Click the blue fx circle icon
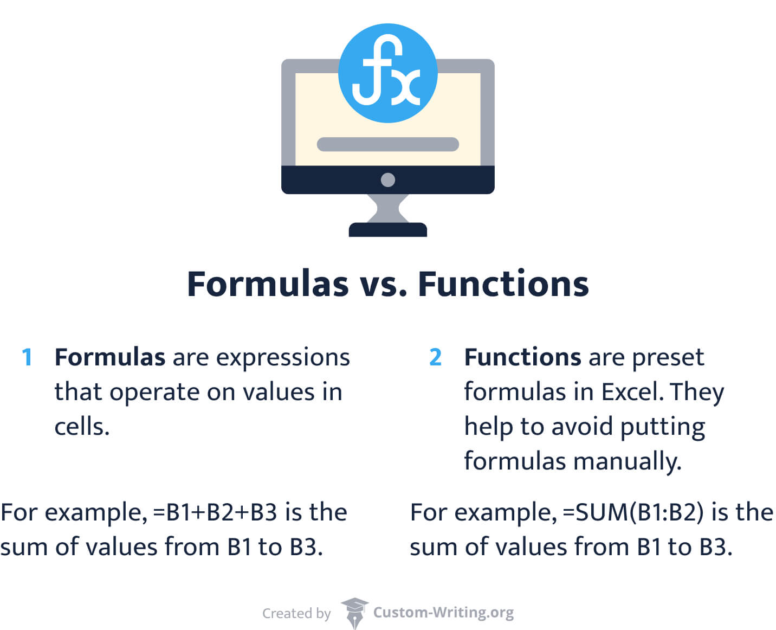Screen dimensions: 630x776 click(x=387, y=73)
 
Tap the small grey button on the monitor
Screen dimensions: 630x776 click(x=387, y=180)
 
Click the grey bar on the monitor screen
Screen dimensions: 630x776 click(x=387, y=144)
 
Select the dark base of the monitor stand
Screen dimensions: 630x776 click(x=387, y=229)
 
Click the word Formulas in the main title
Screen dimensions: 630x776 click(x=268, y=284)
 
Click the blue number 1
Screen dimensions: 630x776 click(x=27, y=357)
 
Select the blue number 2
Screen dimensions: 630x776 click(x=435, y=357)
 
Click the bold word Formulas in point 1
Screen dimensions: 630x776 click(x=110, y=357)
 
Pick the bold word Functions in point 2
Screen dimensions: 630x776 click(x=522, y=357)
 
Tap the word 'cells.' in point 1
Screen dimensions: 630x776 click(x=82, y=427)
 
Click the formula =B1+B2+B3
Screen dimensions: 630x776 click(x=216, y=512)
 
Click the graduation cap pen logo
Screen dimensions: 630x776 click(x=354, y=613)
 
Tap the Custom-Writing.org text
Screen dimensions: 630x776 click(x=443, y=613)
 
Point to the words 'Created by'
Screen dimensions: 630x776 click(x=296, y=613)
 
